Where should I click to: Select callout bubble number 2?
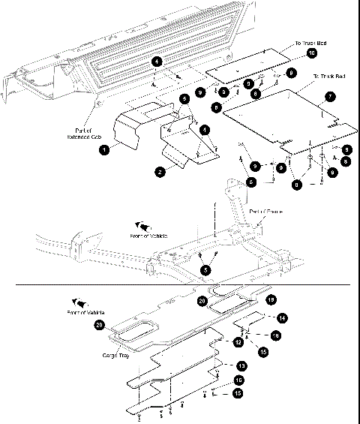click(x=160, y=172)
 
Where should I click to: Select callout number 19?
click(x=271, y=299)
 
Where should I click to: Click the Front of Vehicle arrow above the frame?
click(x=142, y=227)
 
